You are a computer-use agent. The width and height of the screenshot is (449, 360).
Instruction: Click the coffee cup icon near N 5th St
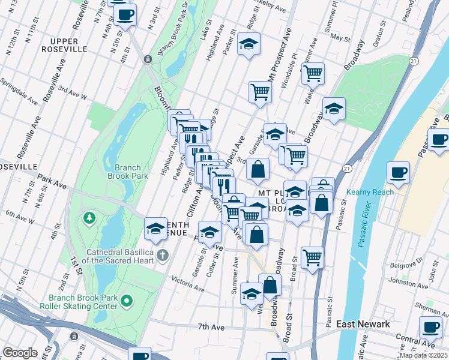click(x=125, y=15)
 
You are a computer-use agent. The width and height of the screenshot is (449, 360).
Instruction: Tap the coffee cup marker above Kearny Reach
click(x=399, y=173)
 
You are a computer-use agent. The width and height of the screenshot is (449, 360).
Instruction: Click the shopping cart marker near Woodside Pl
click(x=313, y=74)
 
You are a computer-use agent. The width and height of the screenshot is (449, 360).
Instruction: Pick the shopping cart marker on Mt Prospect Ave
click(x=261, y=92)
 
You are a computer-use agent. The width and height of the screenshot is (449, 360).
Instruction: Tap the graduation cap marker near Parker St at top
click(x=249, y=44)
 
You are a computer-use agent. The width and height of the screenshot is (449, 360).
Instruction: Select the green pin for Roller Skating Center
click(x=126, y=299)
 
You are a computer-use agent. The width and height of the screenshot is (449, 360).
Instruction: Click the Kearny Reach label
click(x=370, y=192)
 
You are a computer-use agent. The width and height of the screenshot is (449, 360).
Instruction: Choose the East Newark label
click(x=363, y=324)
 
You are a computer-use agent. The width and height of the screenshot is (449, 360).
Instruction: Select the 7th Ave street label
click(x=211, y=327)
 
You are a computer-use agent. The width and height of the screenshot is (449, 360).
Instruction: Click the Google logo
click(x=20, y=353)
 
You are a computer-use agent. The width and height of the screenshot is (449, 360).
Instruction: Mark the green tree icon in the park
click(x=89, y=216)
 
